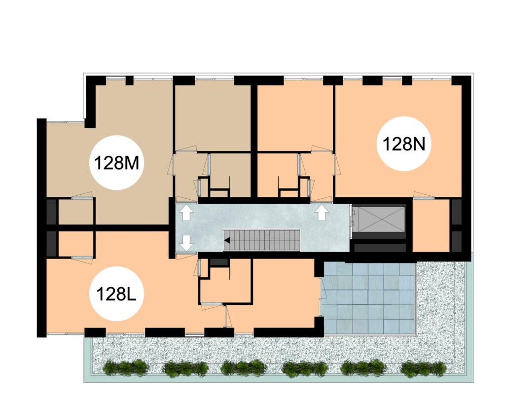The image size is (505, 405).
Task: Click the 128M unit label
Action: [116, 163]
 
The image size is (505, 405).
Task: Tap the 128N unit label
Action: [404, 144]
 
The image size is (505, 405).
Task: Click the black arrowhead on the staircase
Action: [227, 240]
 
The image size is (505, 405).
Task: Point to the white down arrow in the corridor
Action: [186, 243]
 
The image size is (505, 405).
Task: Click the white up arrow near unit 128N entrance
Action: [321, 213]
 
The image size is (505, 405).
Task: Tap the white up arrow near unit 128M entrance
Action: [186, 213]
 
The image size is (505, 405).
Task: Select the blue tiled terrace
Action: [369, 298]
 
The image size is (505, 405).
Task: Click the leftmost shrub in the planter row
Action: [126, 368]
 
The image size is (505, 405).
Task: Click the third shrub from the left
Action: [244, 368]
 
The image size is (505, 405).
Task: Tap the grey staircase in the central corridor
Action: [262, 240]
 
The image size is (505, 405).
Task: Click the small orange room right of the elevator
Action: [431, 225]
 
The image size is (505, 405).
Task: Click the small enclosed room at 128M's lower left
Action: [75, 212]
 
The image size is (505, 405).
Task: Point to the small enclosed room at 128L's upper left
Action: [75, 244]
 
